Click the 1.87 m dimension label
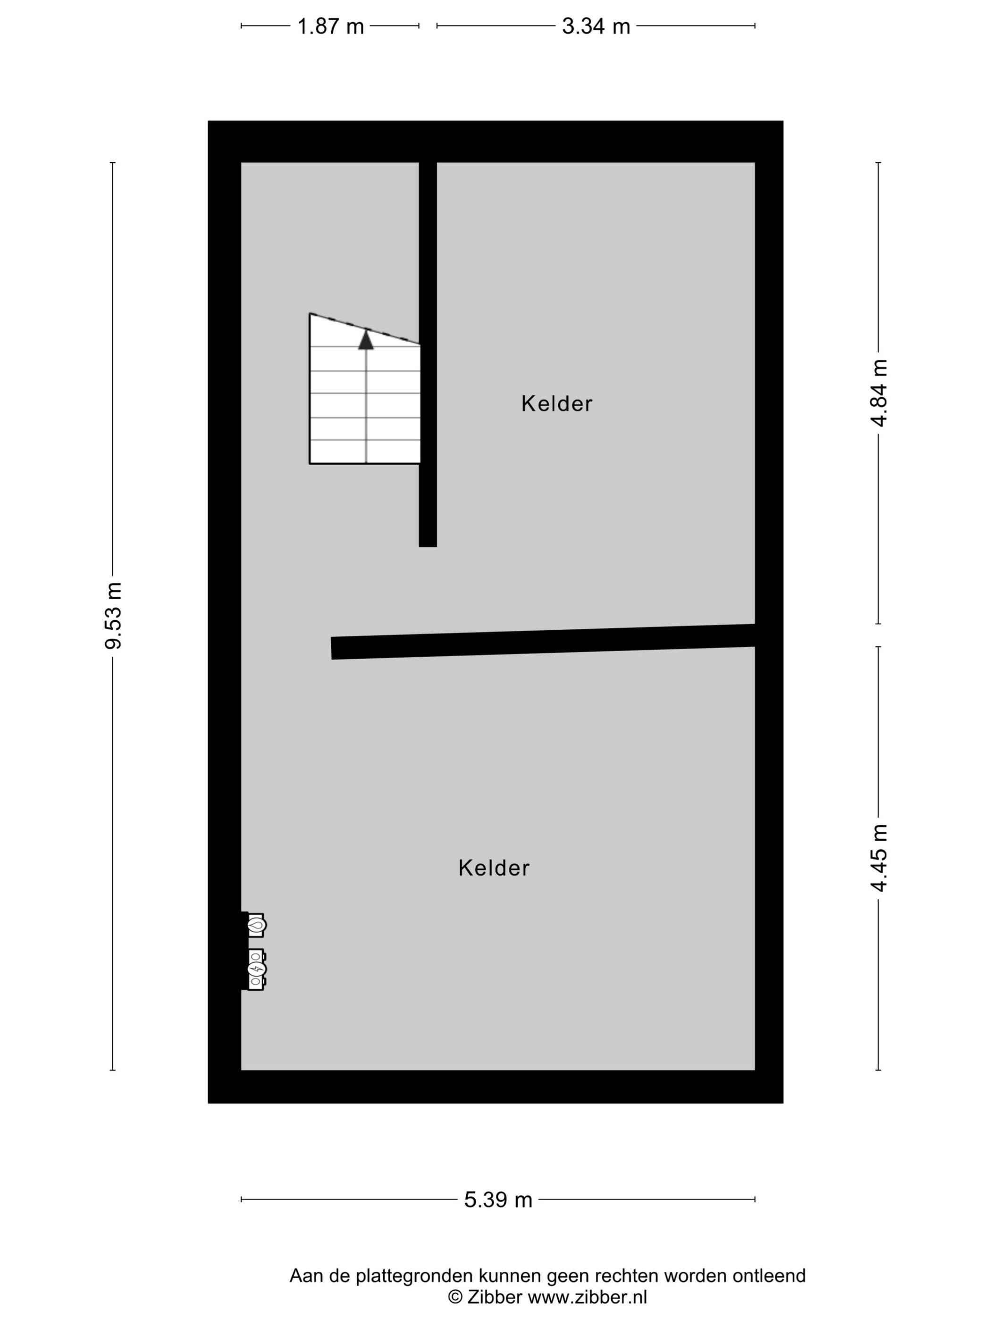330,26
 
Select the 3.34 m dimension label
596,26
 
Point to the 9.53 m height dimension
113,616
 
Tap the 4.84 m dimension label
878,393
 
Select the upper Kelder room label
557,404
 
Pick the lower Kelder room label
494,868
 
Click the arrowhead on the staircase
366,339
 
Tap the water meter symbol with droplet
257,925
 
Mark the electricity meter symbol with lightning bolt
256,969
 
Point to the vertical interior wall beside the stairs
428,354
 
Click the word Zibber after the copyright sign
495,1296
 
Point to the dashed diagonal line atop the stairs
364,329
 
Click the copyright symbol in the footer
455,1297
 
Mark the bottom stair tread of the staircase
364,451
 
